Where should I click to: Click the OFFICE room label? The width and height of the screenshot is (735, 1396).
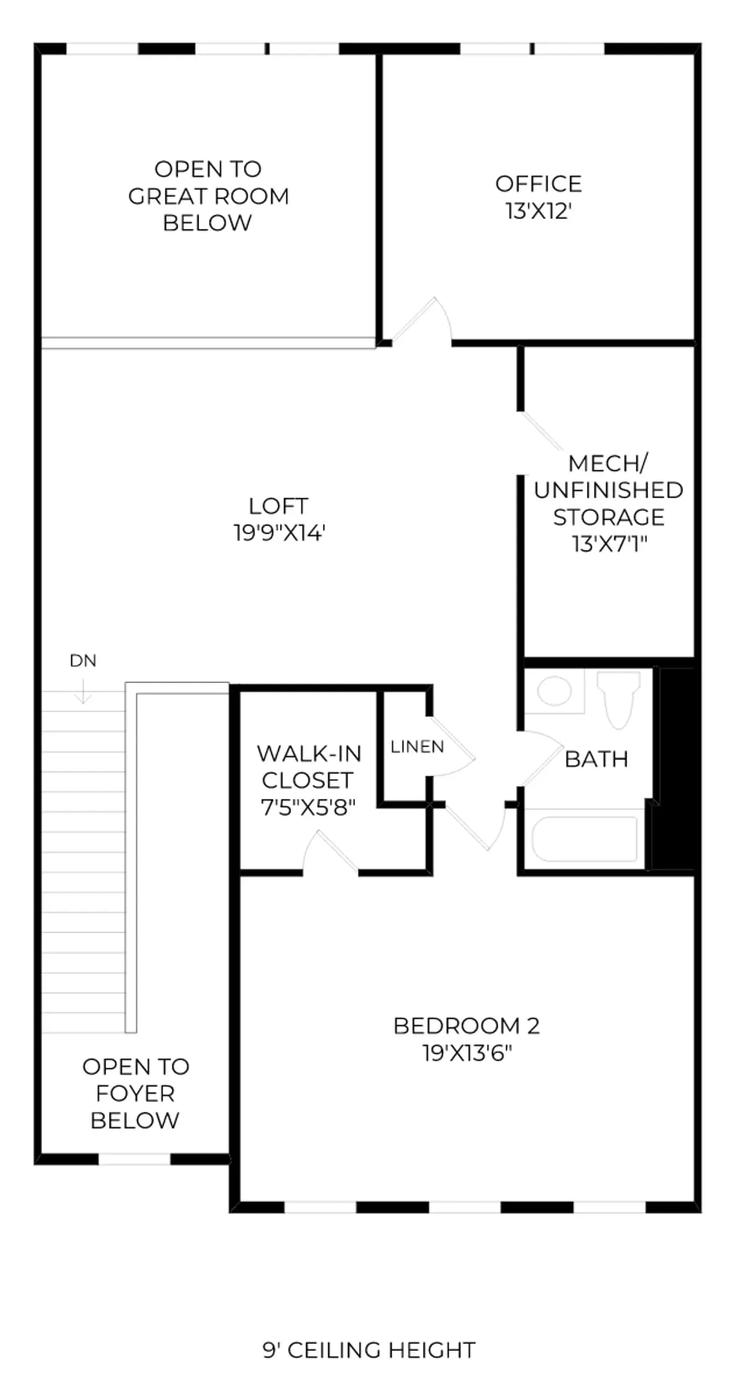pyautogui.click(x=538, y=184)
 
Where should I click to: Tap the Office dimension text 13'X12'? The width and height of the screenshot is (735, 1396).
pyautogui.click(x=538, y=211)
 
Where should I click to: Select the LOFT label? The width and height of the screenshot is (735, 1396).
pyautogui.click(x=278, y=506)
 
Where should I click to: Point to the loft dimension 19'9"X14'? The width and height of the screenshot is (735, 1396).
pyautogui.click(x=280, y=533)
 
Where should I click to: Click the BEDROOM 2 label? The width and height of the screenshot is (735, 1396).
pyautogui.click(x=466, y=1026)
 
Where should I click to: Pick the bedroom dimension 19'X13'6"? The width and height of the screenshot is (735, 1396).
pyautogui.click(x=468, y=1053)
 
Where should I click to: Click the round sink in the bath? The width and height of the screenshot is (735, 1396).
pyautogui.click(x=555, y=691)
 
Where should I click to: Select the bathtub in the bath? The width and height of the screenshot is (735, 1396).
pyautogui.click(x=585, y=839)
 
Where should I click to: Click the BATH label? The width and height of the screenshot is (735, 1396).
pyautogui.click(x=596, y=759)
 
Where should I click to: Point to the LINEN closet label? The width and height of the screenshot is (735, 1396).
pyautogui.click(x=417, y=746)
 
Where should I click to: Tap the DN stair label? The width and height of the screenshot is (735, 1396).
pyautogui.click(x=83, y=661)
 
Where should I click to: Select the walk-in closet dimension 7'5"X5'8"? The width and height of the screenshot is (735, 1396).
pyautogui.click(x=308, y=808)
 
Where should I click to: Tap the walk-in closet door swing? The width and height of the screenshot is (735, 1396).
pyautogui.click(x=331, y=851)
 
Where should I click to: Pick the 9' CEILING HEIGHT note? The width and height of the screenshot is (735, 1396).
pyautogui.click(x=369, y=1350)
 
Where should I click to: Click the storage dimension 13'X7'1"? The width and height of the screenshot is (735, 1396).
pyautogui.click(x=609, y=544)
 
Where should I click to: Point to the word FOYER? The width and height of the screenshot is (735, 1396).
pyautogui.click(x=135, y=1093)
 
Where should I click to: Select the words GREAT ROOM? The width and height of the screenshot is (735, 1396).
pyautogui.click(x=208, y=196)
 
